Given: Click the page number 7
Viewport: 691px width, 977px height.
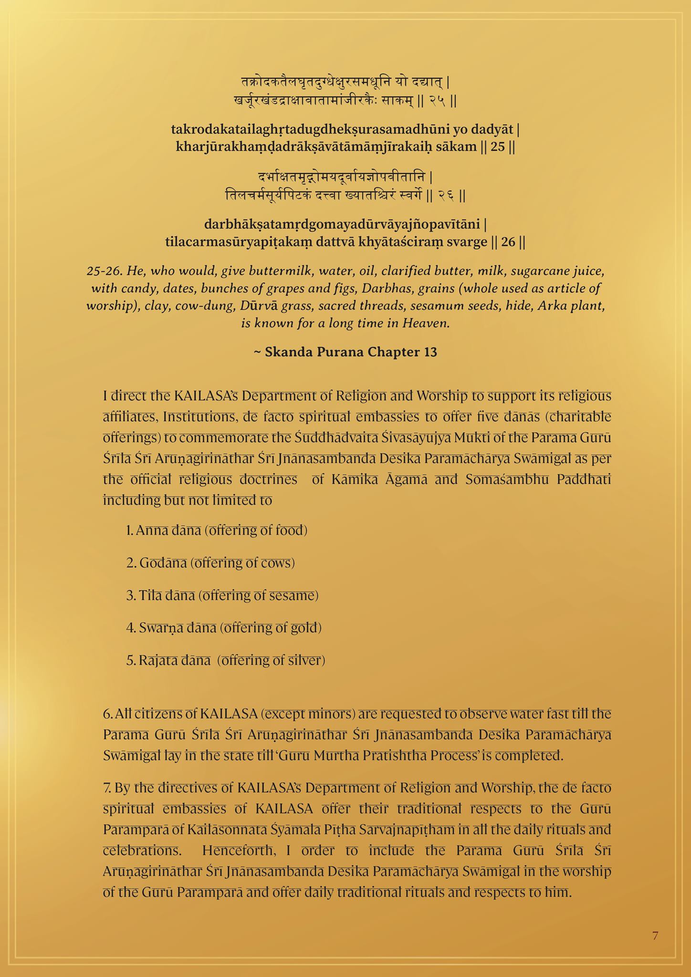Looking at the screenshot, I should coord(655,936).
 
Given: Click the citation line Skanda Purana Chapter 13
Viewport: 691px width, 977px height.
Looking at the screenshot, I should coord(345,352).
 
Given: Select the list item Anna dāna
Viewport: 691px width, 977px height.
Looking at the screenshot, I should coord(217,530).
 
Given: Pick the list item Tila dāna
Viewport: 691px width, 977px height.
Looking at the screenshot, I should coord(222,595).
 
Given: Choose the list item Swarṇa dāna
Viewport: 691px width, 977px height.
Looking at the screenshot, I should coord(224,628).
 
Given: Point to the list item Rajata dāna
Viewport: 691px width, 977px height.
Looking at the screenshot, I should coord(226,660).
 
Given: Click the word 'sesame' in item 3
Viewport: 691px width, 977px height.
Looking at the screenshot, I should coord(292,595).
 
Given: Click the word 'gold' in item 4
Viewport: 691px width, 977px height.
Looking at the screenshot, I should coord(304,628).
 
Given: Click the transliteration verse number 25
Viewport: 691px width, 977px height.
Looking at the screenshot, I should coord(498,146).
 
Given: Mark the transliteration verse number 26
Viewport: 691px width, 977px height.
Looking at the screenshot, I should coord(508,242).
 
